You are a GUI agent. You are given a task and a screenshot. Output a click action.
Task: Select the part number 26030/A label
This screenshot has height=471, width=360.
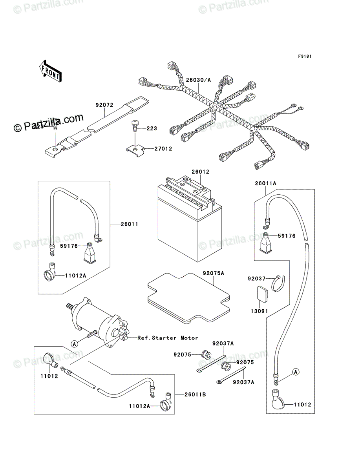199,80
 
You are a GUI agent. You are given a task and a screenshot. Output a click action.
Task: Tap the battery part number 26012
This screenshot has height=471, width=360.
200,172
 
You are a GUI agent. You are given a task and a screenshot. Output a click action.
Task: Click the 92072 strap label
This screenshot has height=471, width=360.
104,105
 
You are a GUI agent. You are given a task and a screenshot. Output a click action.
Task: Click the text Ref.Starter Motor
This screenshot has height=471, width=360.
168,338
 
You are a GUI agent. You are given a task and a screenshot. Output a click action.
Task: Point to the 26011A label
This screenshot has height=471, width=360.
265,183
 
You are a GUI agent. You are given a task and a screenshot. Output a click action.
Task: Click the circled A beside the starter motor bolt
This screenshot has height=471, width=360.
75,343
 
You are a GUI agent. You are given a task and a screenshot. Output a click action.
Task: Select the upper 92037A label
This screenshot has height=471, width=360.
223,343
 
